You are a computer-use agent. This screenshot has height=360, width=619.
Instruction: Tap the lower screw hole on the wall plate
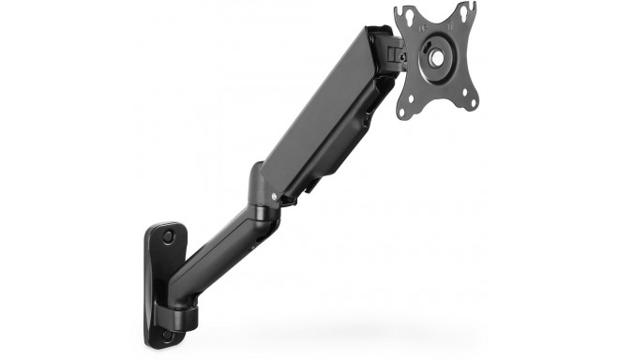click(x=168, y=333)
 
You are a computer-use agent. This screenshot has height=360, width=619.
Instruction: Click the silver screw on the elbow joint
click(x=272, y=199)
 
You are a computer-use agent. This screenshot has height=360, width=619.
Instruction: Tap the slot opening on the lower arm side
click(x=245, y=234)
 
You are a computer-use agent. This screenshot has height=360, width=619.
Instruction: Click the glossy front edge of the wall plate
click(x=150, y=281)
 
